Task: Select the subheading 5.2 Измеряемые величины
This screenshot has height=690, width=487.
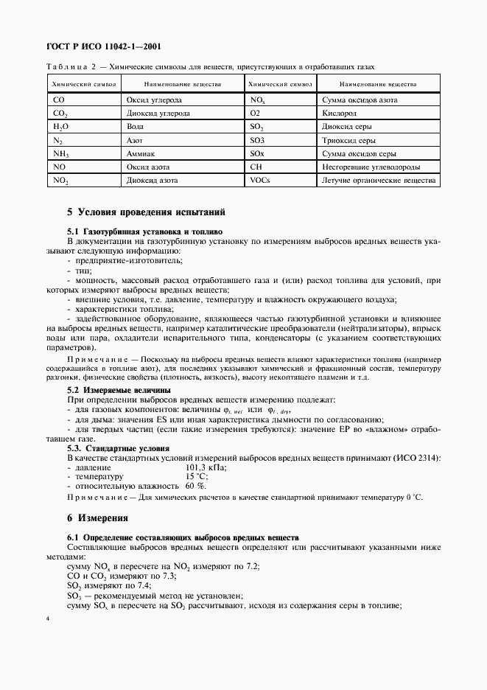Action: click(119, 389)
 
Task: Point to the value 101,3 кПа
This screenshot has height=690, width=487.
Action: click(206, 467)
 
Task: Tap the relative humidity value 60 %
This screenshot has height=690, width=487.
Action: click(196, 487)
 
